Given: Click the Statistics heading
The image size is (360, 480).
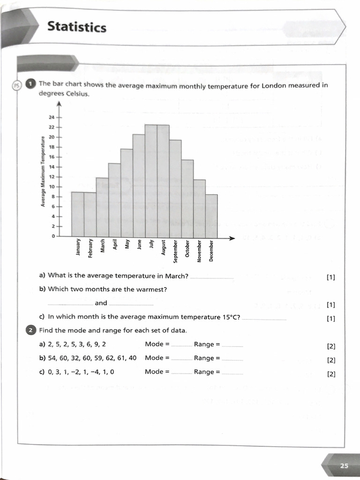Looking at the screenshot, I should (x=77, y=28).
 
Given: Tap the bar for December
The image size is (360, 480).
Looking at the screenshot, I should (x=211, y=215).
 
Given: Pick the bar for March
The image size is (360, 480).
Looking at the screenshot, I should (x=102, y=207).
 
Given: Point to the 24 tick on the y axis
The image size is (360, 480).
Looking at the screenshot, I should (x=52, y=117).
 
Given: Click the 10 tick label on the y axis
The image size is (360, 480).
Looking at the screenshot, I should (x=52, y=187).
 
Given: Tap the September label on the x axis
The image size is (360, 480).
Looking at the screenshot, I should (x=175, y=254).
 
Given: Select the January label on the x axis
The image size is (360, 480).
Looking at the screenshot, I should (x=78, y=248).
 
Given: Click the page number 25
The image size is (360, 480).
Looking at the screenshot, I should (x=344, y=465).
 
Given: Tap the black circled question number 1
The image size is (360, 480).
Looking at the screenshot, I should (x=30, y=84).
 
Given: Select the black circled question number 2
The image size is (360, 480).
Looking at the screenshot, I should (x=30, y=330).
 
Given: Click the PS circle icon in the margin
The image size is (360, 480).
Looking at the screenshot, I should (x=17, y=85).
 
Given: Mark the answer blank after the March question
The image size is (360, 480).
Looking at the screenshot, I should (x=212, y=277).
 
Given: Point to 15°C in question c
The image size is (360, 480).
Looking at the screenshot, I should (x=231, y=317).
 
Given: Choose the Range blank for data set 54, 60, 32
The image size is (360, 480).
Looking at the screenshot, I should (x=232, y=359).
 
